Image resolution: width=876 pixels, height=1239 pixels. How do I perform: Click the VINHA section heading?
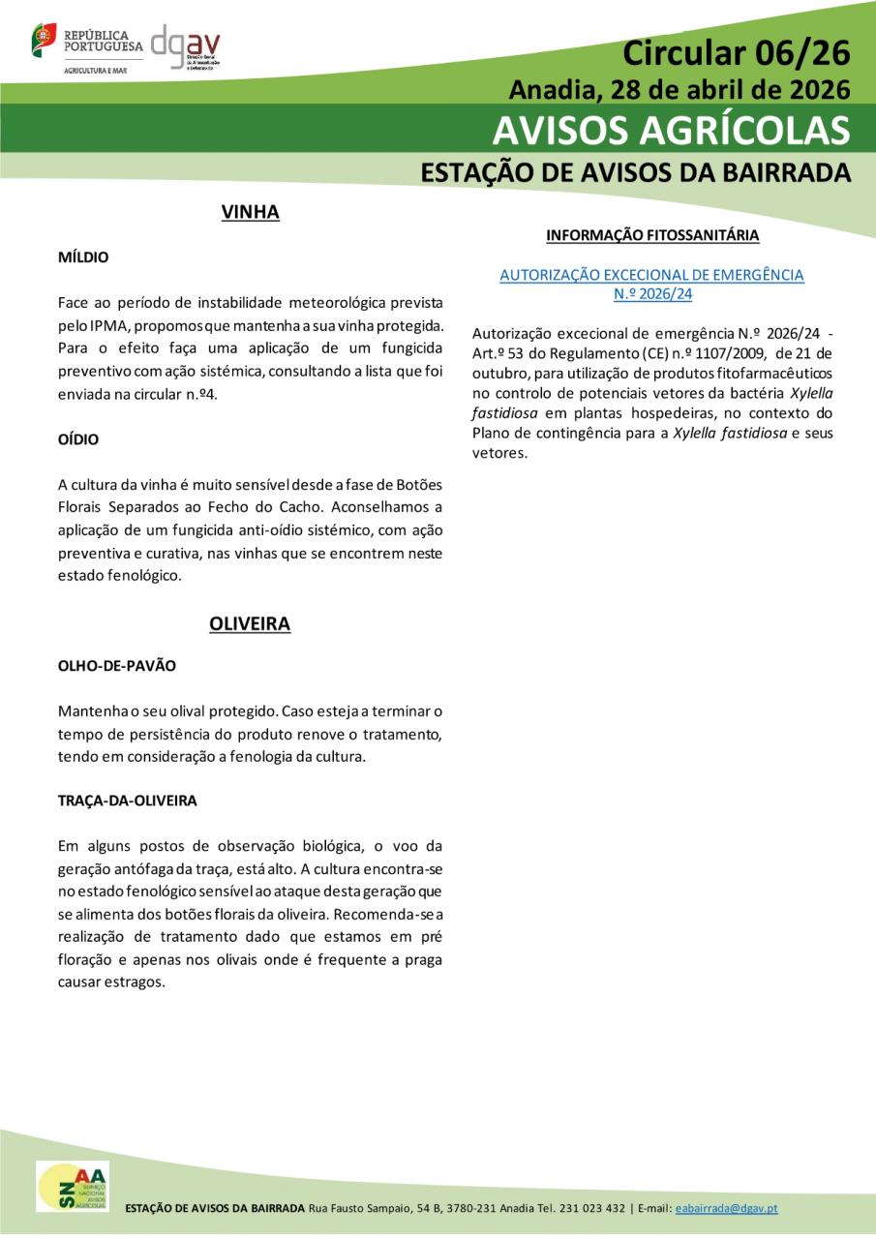250,212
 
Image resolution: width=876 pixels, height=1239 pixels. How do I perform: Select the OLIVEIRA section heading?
250,624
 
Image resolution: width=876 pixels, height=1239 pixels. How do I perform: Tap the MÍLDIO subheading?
83,257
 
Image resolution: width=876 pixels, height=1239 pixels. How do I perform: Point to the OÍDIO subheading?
78,439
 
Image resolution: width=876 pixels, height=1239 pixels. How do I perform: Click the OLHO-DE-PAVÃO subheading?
116,667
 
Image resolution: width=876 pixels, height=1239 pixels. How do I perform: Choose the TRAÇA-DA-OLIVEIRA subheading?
127,801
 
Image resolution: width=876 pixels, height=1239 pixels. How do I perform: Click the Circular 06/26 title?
735,52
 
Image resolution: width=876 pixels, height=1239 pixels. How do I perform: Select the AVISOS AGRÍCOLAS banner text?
671,130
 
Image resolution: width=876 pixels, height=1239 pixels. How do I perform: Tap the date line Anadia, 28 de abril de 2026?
679,90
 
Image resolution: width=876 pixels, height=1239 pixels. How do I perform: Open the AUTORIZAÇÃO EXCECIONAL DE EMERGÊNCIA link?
651,276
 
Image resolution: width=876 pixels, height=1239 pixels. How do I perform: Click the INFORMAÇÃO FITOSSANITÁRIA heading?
652,235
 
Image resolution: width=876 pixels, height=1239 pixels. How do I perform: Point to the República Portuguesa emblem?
45,40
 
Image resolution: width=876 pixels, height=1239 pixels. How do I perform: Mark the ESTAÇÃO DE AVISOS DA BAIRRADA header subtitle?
635,172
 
